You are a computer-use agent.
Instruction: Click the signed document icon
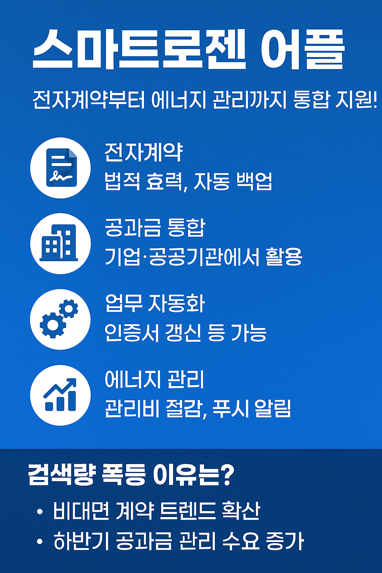pos(61,168)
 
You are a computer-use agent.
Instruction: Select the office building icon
pos(60,243)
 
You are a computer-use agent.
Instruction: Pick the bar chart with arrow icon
pos(60,395)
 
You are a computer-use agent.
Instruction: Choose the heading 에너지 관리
pos(154,379)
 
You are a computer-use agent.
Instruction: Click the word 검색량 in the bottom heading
pos(59,475)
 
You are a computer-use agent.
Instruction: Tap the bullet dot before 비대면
pos(40,511)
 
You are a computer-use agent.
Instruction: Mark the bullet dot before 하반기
pos(40,542)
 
